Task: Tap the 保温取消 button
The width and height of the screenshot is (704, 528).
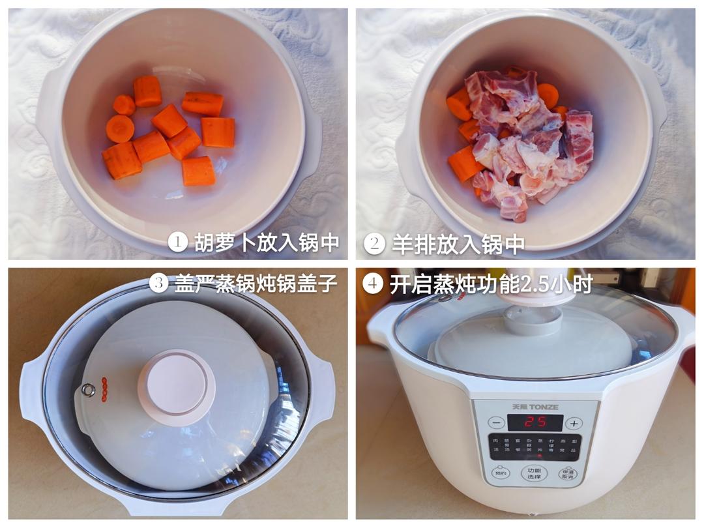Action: [567, 474]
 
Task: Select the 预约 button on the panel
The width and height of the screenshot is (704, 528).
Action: [500, 474]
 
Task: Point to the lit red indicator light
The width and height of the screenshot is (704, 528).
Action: [536, 455]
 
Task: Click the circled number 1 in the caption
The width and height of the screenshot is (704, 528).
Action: [178, 242]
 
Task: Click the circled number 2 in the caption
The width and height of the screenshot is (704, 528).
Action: [374, 243]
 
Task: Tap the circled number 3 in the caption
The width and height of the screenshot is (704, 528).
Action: [158, 283]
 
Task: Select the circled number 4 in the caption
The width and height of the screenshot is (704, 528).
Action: [372, 284]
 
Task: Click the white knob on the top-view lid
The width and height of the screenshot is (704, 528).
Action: [176, 386]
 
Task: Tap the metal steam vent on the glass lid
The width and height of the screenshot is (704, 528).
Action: [88, 390]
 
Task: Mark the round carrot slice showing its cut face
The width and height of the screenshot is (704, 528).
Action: [120, 128]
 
